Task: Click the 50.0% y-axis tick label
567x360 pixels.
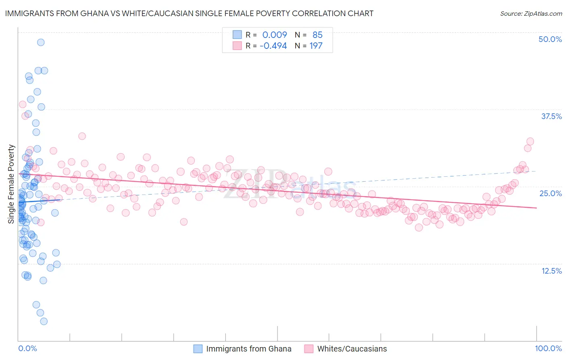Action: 550,39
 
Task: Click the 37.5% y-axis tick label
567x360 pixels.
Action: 551,116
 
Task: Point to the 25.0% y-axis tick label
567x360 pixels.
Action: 550,193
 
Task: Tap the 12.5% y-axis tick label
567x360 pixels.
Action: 551,270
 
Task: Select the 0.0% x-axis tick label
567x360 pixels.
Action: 27,348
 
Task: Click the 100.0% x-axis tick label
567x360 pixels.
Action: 548,348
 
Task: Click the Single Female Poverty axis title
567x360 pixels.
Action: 11,184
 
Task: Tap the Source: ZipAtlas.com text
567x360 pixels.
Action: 531,13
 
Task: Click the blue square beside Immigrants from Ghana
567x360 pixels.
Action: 198,349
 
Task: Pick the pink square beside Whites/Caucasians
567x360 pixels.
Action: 309,349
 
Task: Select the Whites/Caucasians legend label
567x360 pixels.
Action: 352,349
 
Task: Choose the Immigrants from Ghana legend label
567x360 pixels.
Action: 248,349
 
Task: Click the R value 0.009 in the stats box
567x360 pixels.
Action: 275,35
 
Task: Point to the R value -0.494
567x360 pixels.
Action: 273,46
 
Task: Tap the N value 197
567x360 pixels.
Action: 316,46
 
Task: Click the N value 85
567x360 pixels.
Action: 317,35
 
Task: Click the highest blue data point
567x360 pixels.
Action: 41,42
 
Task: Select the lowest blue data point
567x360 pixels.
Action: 44,321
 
